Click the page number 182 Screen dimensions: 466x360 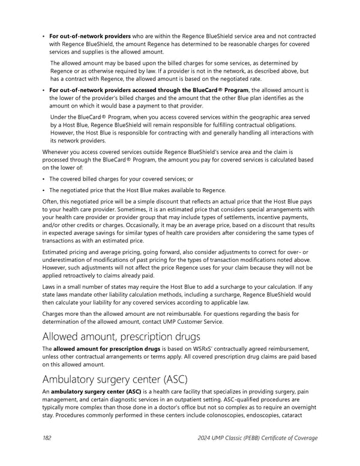(47, 438)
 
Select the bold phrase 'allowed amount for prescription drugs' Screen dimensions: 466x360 (106, 349)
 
